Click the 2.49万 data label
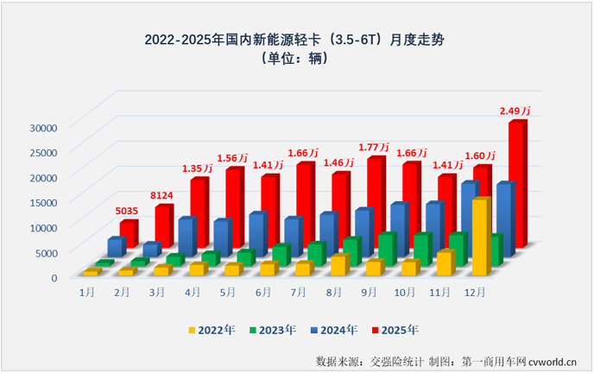516,111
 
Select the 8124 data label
164,194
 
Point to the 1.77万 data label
376,147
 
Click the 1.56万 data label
232,158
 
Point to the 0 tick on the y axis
54,277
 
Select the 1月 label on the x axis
87,293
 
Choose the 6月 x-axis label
263,293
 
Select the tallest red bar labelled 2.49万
516,181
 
